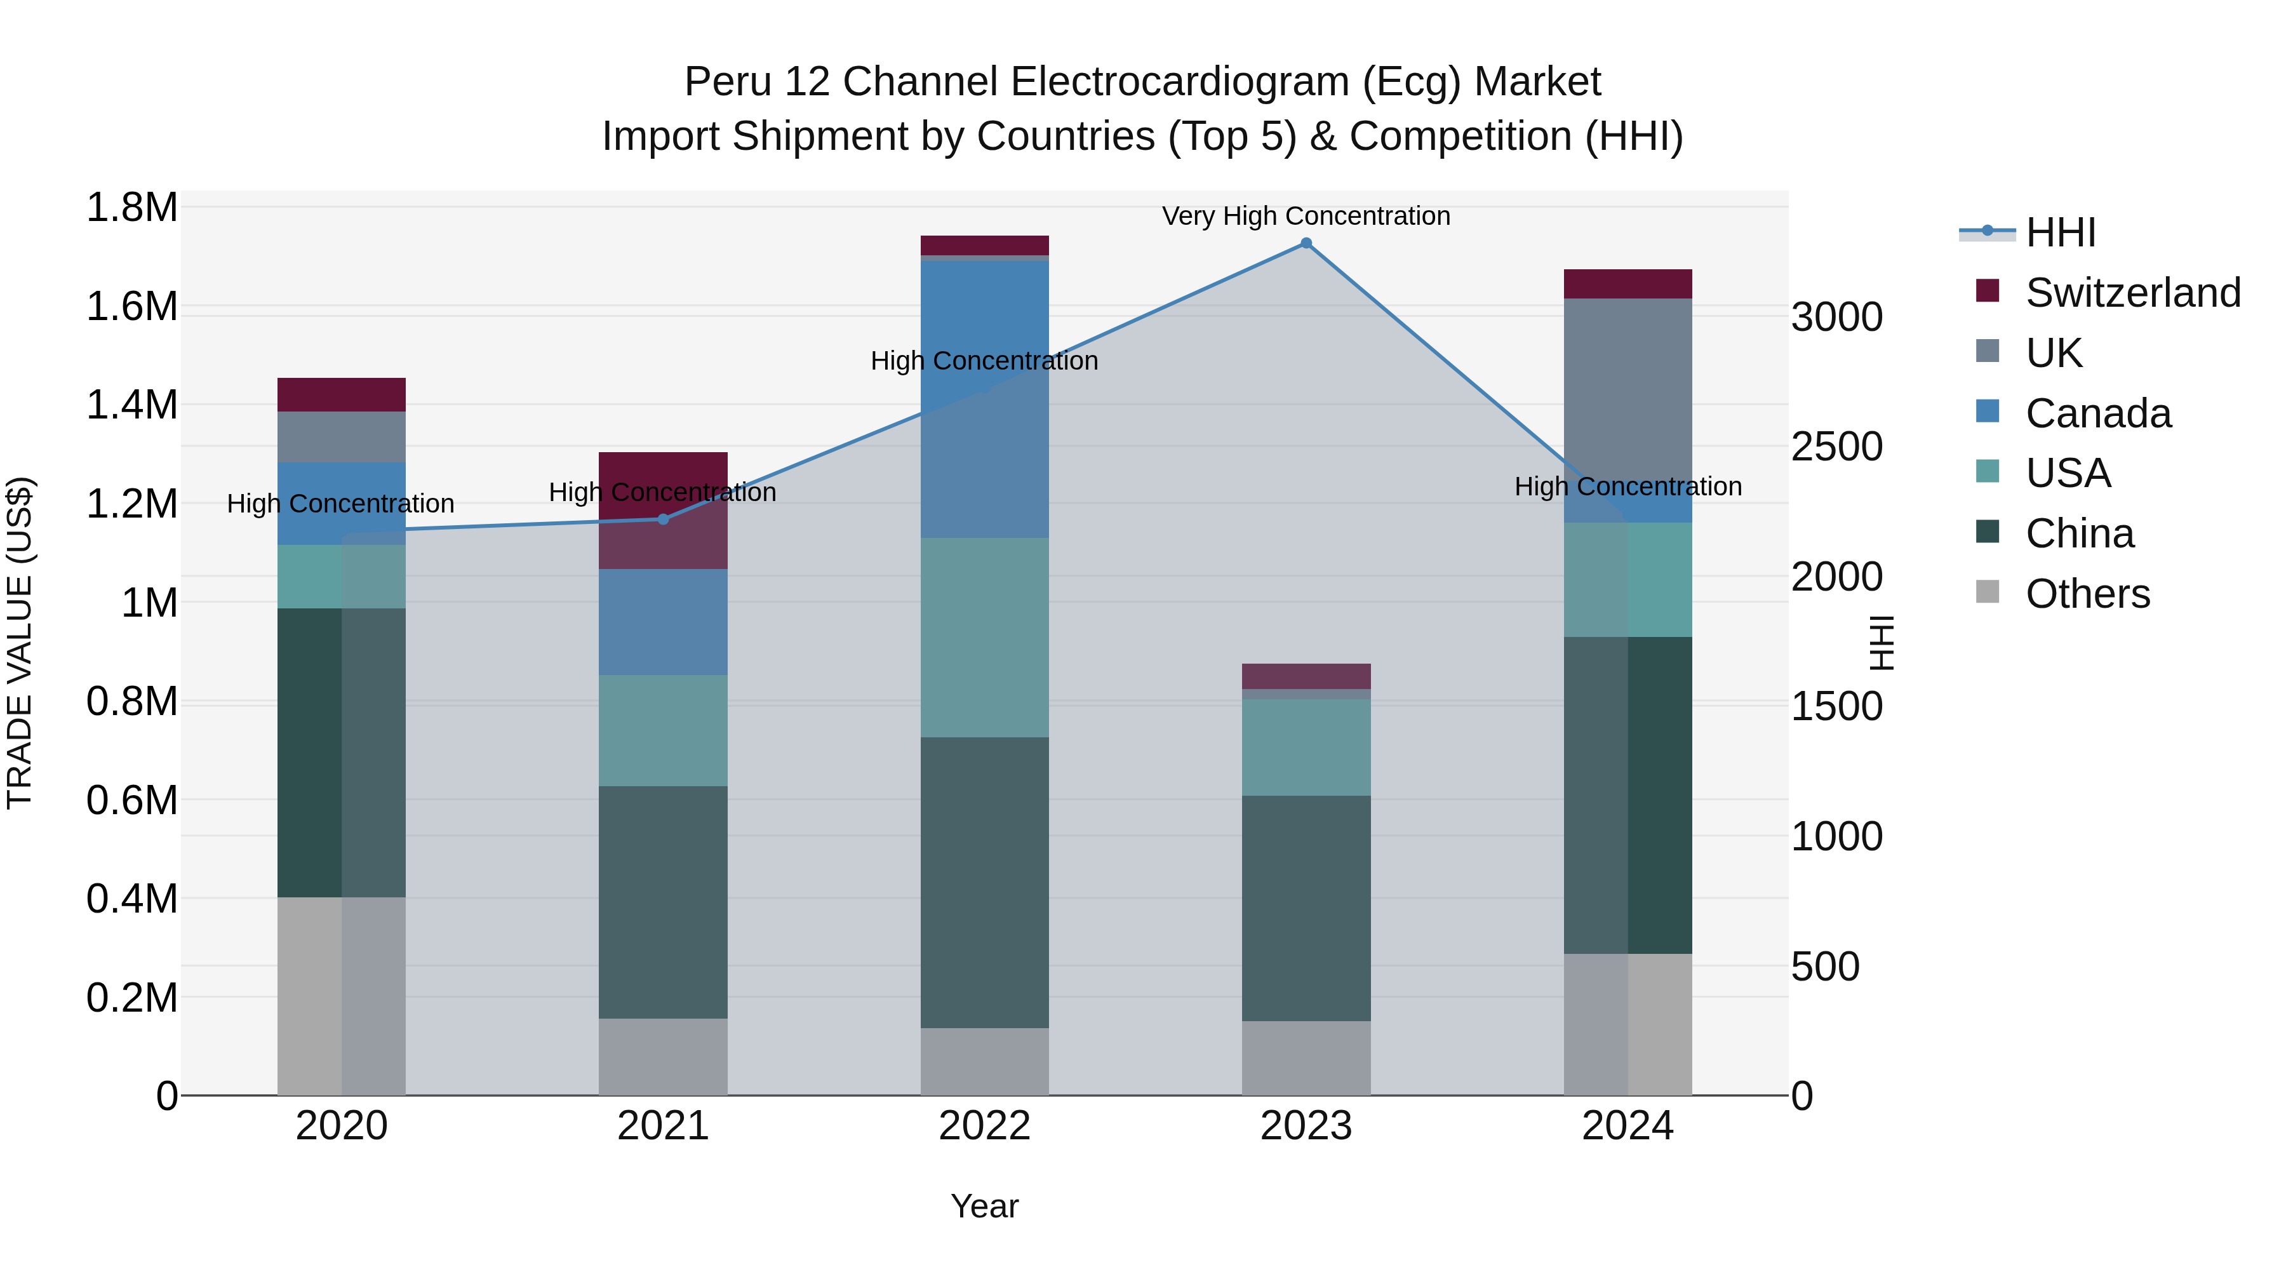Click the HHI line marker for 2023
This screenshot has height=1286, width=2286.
[1306, 243]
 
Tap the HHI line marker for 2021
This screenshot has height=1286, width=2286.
[663, 519]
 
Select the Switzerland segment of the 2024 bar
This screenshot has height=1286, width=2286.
[1628, 284]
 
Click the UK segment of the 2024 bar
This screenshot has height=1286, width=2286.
[1628, 391]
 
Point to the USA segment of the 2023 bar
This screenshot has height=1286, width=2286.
[1306, 747]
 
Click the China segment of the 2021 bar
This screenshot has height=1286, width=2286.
[663, 902]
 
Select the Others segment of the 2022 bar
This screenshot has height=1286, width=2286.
[984, 1061]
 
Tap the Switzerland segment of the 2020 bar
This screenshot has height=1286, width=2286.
[342, 395]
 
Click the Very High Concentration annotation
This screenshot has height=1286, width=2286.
[1306, 216]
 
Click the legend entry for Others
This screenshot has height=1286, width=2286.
[2087, 594]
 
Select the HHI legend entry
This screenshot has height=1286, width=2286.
[2060, 232]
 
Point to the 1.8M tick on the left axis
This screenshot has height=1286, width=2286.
[131, 208]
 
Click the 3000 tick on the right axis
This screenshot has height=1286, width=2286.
[1836, 318]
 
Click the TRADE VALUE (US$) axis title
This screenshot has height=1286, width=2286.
[20, 643]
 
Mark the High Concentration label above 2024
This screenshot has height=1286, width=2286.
[1628, 486]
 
